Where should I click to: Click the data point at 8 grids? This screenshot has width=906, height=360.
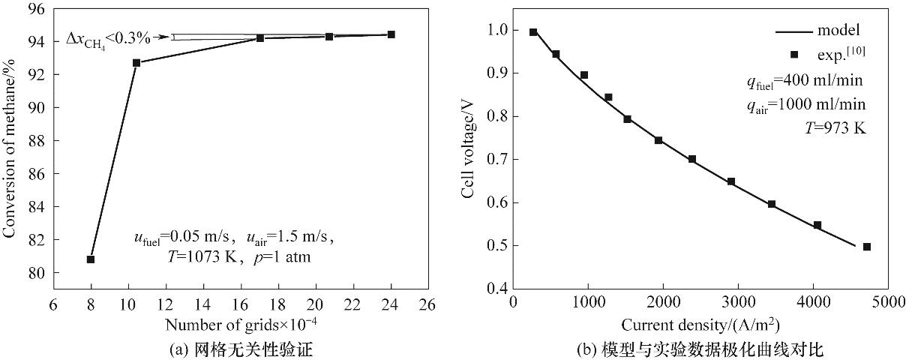(x=91, y=259)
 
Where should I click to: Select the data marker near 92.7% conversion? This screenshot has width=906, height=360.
(x=136, y=63)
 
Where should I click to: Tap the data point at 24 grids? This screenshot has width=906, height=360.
(x=391, y=34)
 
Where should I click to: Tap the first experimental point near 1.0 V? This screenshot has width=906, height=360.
(x=533, y=32)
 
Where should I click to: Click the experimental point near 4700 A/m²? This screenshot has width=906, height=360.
(x=866, y=247)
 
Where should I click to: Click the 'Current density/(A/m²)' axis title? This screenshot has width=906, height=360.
(x=699, y=324)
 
